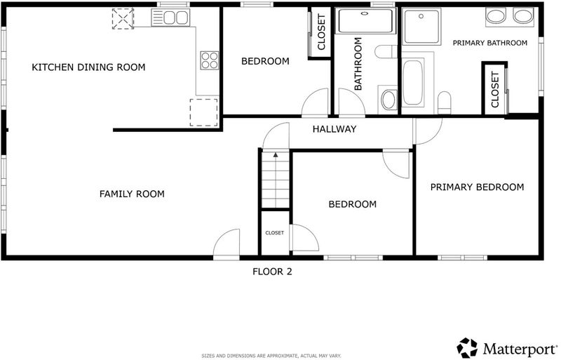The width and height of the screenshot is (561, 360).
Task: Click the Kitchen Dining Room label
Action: (x=88, y=67)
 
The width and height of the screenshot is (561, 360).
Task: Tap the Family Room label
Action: (x=132, y=194)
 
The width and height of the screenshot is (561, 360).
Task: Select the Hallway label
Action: (x=334, y=129)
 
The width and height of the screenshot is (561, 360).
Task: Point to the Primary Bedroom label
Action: (x=477, y=187)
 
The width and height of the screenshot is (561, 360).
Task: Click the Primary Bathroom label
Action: (x=489, y=43)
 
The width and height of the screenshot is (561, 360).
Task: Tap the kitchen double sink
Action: (x=170, y=18)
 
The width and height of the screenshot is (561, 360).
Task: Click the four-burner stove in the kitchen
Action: (x=210, y=60)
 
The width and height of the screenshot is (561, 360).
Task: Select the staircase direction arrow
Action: (x=276, y=155)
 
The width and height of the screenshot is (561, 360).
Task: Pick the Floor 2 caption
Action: (x=272, y=272)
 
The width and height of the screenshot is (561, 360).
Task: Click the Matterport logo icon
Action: (x=467, y=348)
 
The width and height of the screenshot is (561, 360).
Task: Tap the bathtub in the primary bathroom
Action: (x=412, y=83)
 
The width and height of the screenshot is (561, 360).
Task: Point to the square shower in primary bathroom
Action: (x=421, y=26)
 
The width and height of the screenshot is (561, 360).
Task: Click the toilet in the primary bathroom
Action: (x=445, y=102)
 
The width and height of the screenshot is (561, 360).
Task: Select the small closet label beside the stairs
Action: (x=274, y=233)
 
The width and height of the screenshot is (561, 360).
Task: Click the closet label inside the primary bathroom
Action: (x=495, y=90)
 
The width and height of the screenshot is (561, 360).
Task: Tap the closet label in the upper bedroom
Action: (x=321, y=32)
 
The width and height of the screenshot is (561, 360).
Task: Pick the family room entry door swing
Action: (x=226, y=243)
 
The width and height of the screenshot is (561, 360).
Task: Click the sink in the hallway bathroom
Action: (x=388, y=99)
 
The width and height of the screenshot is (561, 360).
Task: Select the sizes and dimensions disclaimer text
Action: (x=271, y=356)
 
